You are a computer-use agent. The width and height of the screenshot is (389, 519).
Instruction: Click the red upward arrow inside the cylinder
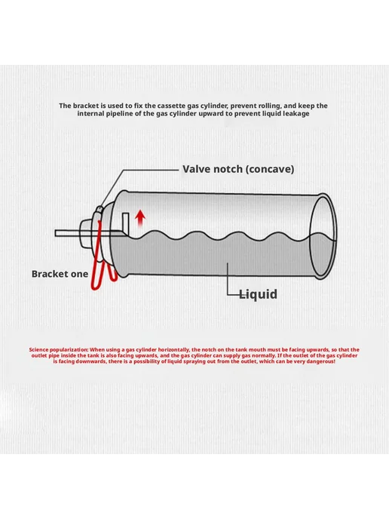pos(140,218)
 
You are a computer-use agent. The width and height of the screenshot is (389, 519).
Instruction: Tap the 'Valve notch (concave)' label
pos(238,169)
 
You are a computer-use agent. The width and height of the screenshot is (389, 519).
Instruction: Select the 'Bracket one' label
pos(60,274)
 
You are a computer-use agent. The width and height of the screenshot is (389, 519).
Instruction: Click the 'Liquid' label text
pos(258,294)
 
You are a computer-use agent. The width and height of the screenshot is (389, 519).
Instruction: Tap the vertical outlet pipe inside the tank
pos(126,223)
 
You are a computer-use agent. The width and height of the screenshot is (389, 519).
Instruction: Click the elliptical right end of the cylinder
pos(323,235)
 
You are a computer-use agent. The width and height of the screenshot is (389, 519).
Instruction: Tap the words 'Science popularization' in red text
pos(59,350)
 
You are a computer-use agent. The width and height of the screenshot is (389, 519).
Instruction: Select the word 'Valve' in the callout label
pos(196,169)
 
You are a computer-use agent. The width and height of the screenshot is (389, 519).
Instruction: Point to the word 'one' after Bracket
pos(81,275)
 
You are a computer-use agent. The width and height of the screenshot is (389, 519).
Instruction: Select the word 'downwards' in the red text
pos(90,361)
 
